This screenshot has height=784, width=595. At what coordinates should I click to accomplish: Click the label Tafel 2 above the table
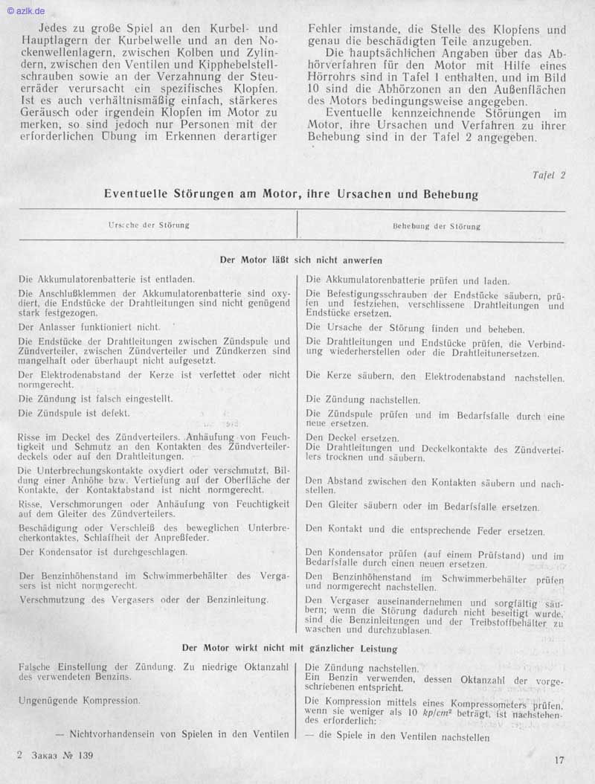(549, 176)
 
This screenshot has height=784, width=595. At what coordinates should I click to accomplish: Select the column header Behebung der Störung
(437, 226)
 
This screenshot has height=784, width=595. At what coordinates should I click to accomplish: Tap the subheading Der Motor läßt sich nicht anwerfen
(301, 260)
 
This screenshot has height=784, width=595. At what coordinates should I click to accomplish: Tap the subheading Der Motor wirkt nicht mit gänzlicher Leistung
(290, 649)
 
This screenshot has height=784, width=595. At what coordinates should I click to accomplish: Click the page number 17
(559, 760)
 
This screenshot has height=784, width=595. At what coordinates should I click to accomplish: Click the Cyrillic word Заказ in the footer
(45, 756)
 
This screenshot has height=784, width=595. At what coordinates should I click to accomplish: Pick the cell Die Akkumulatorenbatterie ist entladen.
(107, 280)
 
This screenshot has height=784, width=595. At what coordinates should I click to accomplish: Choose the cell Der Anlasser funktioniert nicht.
(89, 327)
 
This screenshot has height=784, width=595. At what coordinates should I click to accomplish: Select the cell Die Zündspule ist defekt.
(74, 413)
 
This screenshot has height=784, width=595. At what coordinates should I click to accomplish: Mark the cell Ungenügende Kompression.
(80, 700)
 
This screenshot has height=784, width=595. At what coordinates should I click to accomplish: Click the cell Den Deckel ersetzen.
(353, 438)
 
